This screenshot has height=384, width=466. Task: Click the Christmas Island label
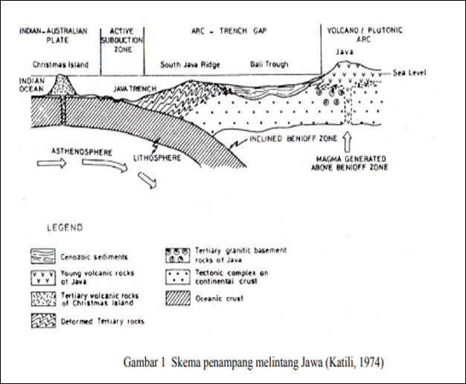[x=60, y=65]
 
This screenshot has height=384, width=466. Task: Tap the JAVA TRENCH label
[x=135, y=88]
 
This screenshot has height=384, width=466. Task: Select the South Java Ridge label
[x=191, y=65]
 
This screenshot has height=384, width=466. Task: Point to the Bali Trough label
[x=269, y=65]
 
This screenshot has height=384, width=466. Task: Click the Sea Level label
[x=409, y=73]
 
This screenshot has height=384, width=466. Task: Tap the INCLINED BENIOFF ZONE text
[x=293, y=139]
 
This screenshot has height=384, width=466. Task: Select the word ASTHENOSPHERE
[x=82, y=152]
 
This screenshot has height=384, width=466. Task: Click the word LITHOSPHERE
[x=157, y=157]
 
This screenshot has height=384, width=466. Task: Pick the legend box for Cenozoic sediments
[x=43, y=256]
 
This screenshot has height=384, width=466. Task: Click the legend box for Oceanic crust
[x=178, y=298]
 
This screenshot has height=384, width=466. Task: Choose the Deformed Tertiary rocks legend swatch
[x=43, y=321]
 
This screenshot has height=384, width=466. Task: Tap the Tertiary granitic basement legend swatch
[x=178, y=256]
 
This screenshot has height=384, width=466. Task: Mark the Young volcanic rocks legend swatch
[x=43, y=278]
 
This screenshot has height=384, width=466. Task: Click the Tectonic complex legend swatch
[x=178, y=277]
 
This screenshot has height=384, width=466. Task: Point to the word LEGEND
[x=65, y=228]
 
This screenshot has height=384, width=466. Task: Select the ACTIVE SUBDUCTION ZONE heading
[x=122, y=40]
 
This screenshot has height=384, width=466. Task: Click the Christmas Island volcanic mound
[x=62, y=85]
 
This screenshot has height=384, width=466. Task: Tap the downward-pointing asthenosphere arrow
[x=147, y=180]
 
